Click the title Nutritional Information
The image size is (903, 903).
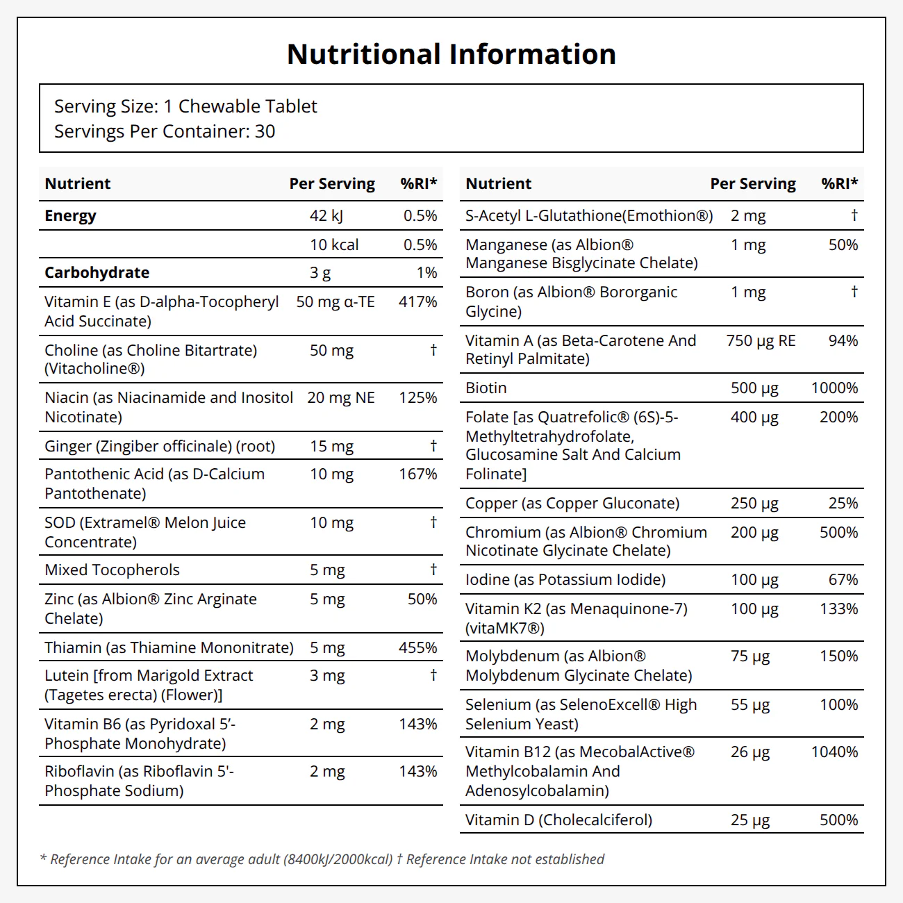tap(451, 54)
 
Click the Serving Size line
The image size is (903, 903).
tap(185, 106)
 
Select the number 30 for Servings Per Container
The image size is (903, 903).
tap(265, 131)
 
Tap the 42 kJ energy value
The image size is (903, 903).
tap(326, 215)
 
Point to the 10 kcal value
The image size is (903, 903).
tap(334, 245)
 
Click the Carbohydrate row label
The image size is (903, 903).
tap(97, 272)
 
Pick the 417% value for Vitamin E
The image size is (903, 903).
tap(418, 301)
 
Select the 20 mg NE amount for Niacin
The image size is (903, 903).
tap(341, 397)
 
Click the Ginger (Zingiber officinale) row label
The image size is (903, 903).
tap(160, 446)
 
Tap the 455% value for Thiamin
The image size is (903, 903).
tap(418, 647)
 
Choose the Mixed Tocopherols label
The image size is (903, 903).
tap(112, 570)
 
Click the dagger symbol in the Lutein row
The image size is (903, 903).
tap(433, 674)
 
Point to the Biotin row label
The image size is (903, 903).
tap(486, 388)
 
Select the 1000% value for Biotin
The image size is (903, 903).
tap(835, 388)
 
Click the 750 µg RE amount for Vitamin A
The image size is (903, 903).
tap(761, 340)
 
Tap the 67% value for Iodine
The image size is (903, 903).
tap(843, 580)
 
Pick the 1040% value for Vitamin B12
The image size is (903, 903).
tap(835, 752)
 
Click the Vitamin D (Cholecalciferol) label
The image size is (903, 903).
tap(558, 820)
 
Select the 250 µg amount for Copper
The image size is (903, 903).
tap(754, 504)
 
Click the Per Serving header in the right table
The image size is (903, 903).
tap(753, 183)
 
